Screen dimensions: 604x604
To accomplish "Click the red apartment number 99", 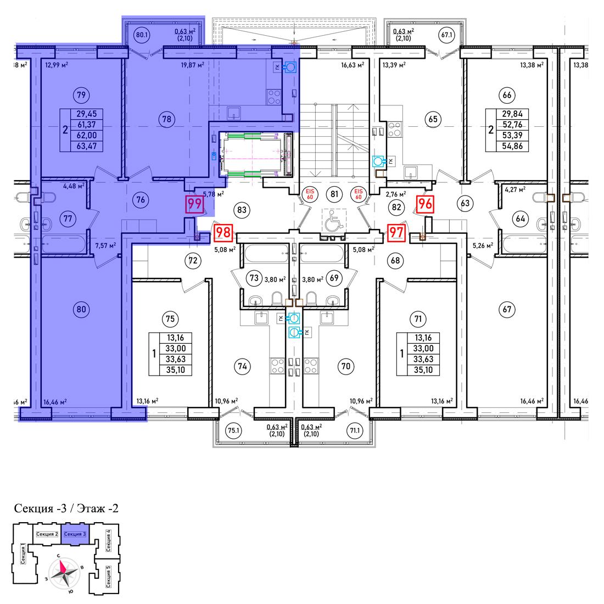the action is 194,204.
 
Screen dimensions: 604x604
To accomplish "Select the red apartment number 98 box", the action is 223,233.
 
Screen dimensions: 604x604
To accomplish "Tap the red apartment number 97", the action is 396,233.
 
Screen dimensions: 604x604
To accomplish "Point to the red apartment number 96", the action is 425,204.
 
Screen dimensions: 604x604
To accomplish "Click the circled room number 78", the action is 167,119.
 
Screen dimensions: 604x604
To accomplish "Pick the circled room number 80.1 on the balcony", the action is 142,35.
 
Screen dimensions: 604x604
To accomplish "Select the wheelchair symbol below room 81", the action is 334,221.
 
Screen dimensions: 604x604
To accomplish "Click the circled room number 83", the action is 242,210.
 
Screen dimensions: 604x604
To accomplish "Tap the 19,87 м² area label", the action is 193,65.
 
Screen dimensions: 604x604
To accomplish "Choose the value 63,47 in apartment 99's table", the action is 87,147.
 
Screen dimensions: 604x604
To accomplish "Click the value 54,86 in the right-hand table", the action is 512,147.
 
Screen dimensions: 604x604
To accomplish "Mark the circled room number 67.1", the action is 446,35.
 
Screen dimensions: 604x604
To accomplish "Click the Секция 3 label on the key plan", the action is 75,534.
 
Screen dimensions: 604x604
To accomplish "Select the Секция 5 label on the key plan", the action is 109,576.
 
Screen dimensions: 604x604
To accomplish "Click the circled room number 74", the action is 242,366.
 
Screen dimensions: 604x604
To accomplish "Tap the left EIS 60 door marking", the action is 310,194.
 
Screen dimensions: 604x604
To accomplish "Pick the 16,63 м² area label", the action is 353,65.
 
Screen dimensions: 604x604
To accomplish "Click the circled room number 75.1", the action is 234,430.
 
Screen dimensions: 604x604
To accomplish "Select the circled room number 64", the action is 521,219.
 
